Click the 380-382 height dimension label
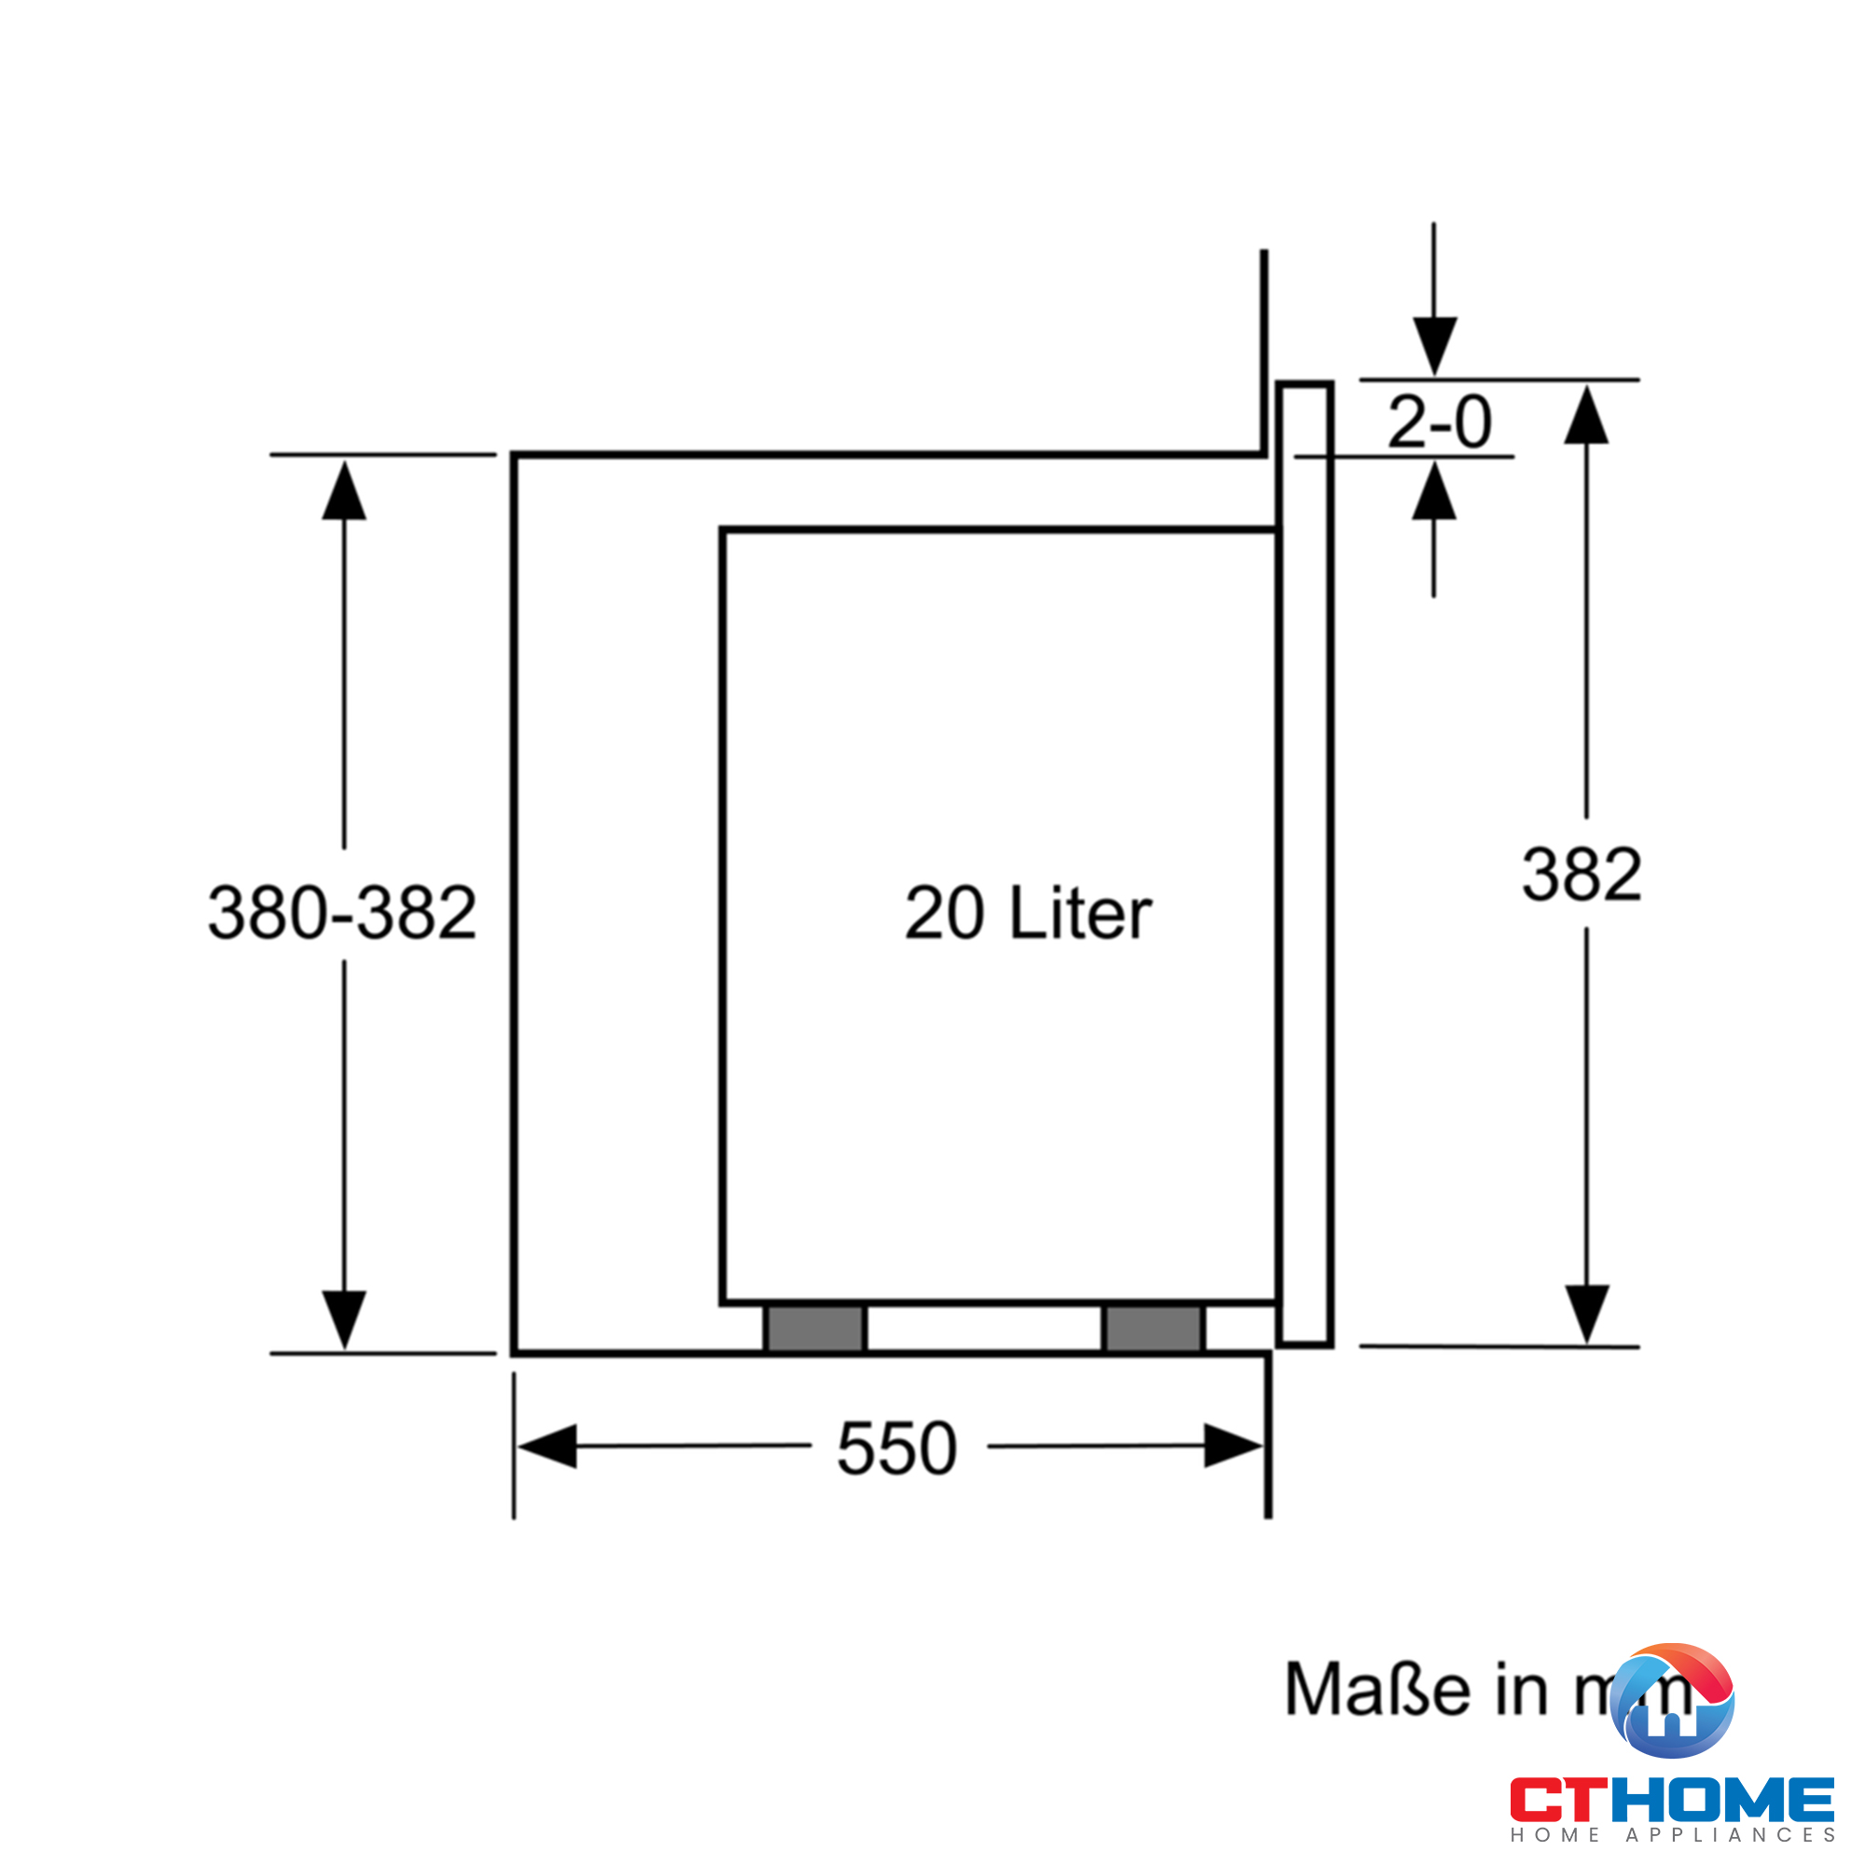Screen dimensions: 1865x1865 [x=342, y=912]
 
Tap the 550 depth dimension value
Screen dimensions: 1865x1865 [x=897, y=1448]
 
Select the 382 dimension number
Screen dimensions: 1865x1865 [x=1582, y=875]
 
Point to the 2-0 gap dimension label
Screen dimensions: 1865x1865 [x=1439, y=421]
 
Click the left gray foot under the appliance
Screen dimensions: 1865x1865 [x=816, y=1328]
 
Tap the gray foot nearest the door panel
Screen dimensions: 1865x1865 [x=1154, y=1328]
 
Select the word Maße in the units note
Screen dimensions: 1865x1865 [x=1377, y=1690]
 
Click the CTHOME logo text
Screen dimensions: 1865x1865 [x=1672, y=1801]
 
